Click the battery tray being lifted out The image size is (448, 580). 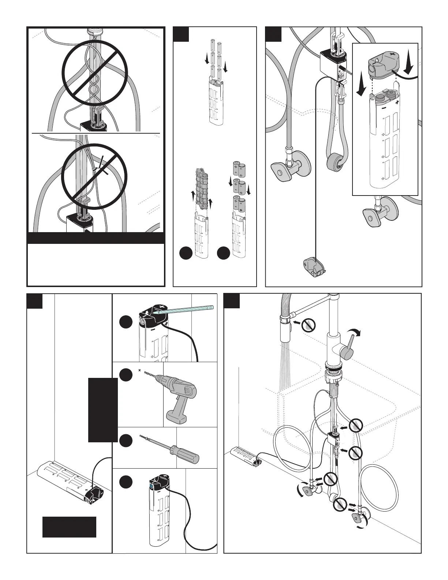(x=201, y=187)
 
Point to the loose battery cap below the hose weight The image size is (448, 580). (x=313, y=266)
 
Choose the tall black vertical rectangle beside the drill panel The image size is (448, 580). (x=103, y=410)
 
